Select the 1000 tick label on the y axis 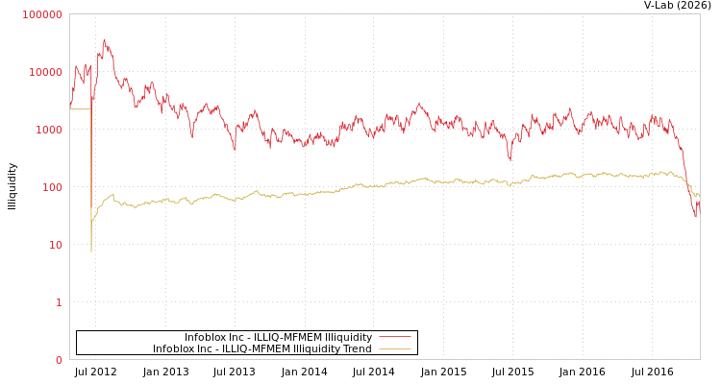50,130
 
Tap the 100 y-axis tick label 53,187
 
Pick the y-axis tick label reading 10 56,245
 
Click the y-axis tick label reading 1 59,302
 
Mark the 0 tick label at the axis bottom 59,360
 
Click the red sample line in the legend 394,338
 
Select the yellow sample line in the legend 394,349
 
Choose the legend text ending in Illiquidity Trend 261,349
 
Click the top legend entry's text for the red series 278,338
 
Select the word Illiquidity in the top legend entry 347,338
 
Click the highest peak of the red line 104,39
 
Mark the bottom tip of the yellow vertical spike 91,252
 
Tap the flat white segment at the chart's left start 80,108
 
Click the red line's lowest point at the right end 696,217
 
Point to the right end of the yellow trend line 699,196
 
